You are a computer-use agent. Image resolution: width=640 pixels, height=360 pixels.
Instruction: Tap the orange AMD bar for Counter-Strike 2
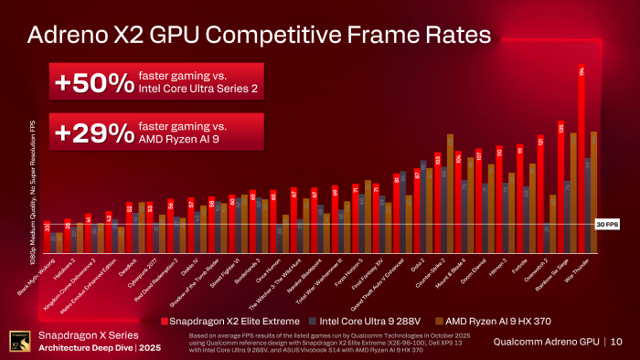click(450, 193)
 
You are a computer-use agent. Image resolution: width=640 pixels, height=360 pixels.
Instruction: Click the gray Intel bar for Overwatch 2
click(547, 238)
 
